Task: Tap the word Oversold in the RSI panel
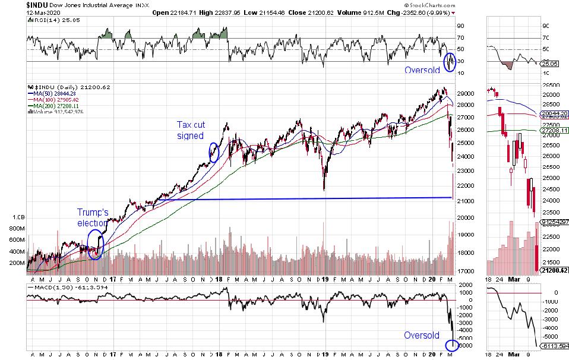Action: point(422,70)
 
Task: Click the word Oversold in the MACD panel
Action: point(422,335)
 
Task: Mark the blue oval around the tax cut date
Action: point(214,152)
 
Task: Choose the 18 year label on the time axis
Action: point(220,279)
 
